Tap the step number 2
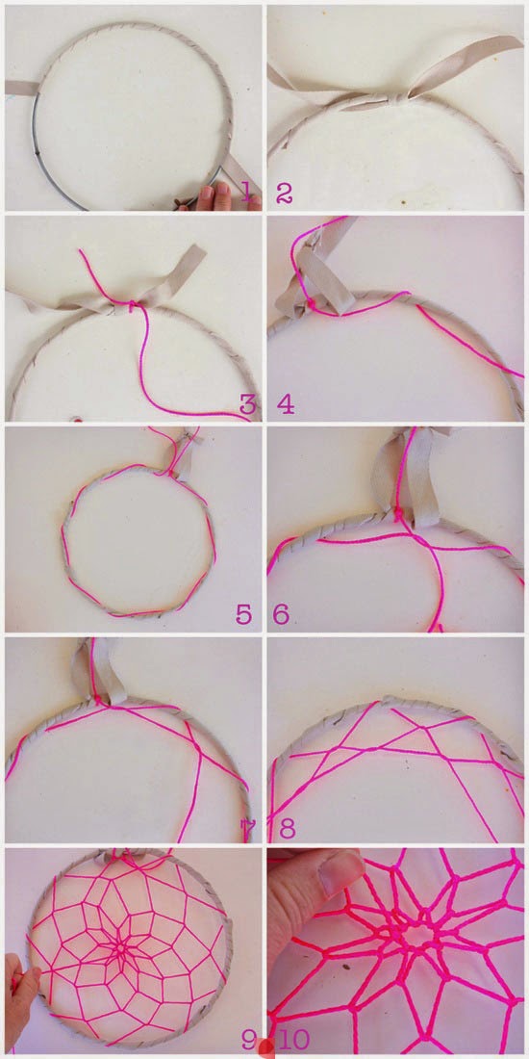point(285,194)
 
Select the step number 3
point(247,404)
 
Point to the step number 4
point(286,404)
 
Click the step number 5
point(244,614)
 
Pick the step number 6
point(282,614)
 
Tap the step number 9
point(250,1040)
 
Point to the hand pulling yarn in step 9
point(20,992)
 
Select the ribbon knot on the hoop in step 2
point(392,100)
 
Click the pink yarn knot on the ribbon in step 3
point(133,305)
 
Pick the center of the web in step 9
point(122,947)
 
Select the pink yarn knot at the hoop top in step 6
point(399,515)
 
